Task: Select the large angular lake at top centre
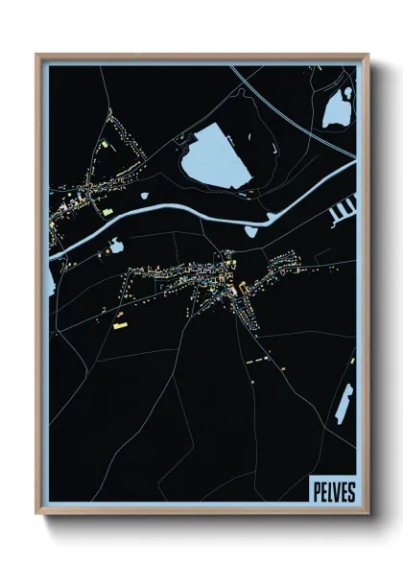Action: tap(216, 158)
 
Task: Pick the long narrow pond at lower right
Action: tap(343, 403)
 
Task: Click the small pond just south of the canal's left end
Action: tap(115, 247)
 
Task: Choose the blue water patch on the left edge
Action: tap(50, 279)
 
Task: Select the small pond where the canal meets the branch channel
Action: tap(252, 230)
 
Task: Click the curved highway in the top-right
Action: tap(288, 106)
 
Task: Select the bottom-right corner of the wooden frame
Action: tap(367, 515)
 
